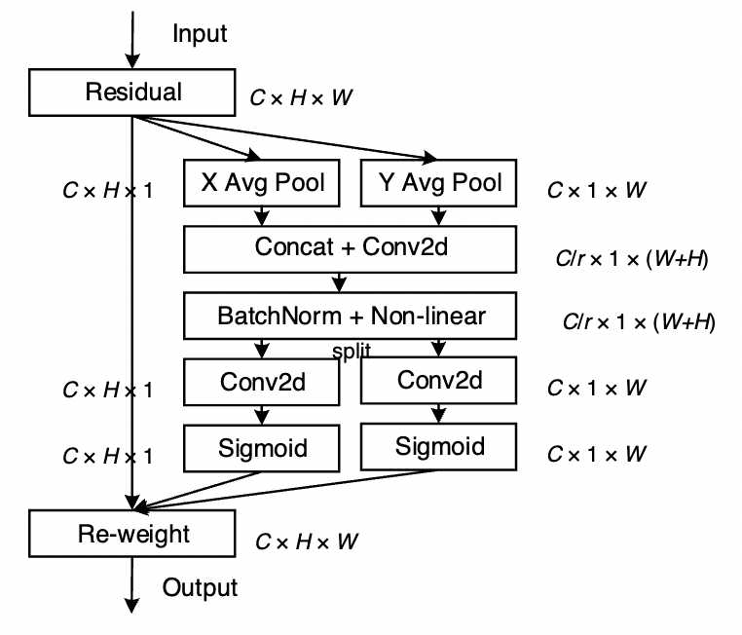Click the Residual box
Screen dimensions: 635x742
click(134, 93)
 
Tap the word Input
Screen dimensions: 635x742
click(200, 34)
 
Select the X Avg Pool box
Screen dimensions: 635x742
click(261, 184)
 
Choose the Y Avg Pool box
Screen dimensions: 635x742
click(438, 183)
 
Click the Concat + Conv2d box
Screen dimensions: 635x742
click(350, 247)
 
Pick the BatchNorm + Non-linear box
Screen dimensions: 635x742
click(350, 316)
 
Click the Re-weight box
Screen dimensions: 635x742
click(134, 533)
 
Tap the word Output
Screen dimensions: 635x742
click(200, 588)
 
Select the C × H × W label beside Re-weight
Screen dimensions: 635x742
click(306, 541)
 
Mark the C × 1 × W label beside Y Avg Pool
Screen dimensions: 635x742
click(596, 190)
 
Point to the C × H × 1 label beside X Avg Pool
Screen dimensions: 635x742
click(106, 190)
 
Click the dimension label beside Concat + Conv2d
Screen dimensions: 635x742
click(629, 260)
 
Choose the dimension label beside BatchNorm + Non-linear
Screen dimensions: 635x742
click(638, 322)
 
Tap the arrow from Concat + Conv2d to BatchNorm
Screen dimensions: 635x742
click(339, 281)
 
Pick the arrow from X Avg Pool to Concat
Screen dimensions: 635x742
click(261, 217)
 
